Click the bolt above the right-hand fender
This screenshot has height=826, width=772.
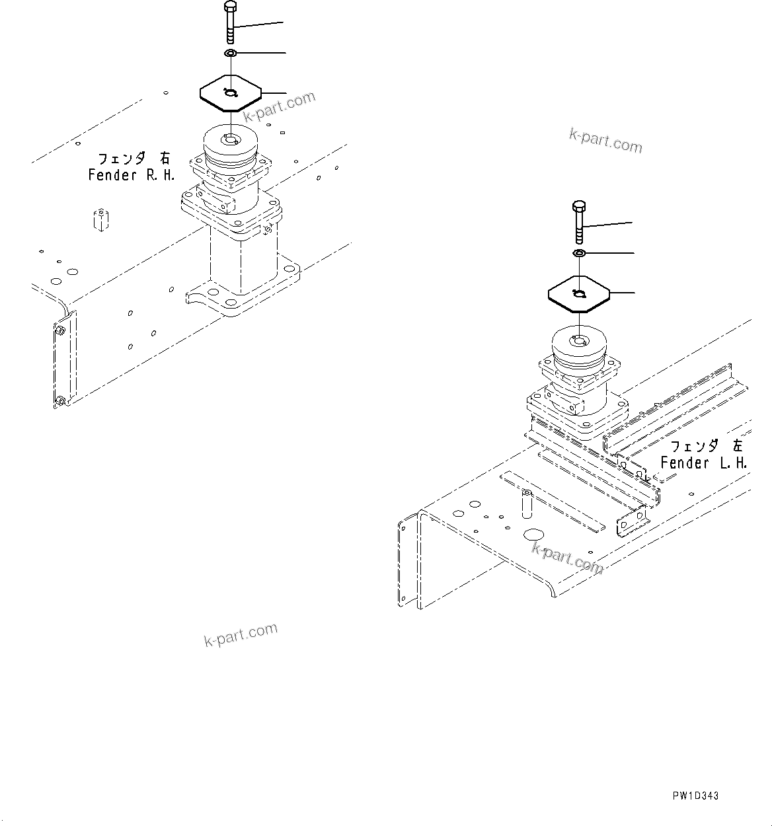(229, 23)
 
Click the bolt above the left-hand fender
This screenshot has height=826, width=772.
(578, 222)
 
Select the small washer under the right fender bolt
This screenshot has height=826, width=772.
(230, 53)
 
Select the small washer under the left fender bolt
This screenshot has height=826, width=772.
(578, 253)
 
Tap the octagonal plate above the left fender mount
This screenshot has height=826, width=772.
(578, 293)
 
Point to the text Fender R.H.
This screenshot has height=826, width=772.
(131, 175)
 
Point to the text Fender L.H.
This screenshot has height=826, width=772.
(703, 463)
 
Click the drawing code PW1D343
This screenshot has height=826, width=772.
(695, 796)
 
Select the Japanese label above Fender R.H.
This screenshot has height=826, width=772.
(134, 159)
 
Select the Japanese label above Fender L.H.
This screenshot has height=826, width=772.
(706, 446)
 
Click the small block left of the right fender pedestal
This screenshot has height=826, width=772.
(99, 219)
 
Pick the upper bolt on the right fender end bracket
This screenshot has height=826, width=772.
(59, 330)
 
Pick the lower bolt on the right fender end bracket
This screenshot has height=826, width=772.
(60, 400)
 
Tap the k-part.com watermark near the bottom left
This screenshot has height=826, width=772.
(241, 634)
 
